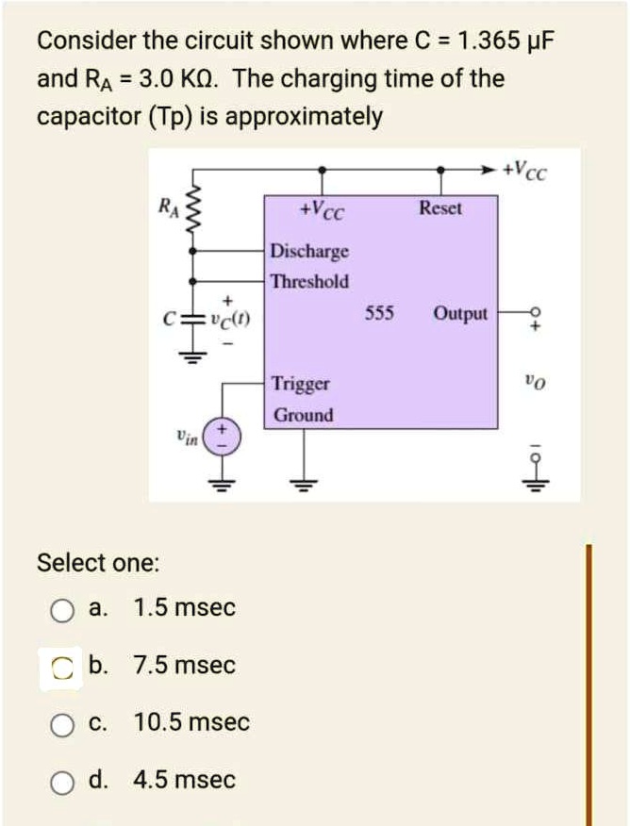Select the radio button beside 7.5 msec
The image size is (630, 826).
[x=62, y=668]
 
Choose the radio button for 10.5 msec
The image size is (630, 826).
[x=62, y=724]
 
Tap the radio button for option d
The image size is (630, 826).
[x=62, y=782]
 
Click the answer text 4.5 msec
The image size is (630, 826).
[x=185, y=781]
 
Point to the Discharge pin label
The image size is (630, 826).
[x=309, y=252]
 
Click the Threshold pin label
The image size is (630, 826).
[x=309, y=281]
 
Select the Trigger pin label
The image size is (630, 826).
[x=301, y=384]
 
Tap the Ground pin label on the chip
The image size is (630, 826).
[x=303, y=415]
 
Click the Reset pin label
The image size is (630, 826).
[x=440, y=207]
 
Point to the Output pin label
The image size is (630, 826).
[x=461, y=313]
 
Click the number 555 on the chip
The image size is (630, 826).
[x=379, y=313]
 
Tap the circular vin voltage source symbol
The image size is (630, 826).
[x=224, y=438]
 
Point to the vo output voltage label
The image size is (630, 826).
[x=535, y=383]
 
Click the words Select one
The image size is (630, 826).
[x=98, y=563]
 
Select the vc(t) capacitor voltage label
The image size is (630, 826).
[x=230, y=319]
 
